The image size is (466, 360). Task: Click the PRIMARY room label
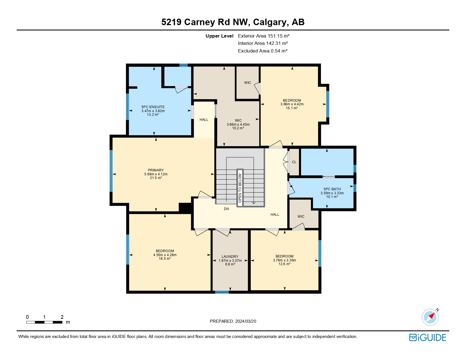(156, 170)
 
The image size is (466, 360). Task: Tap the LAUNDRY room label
(230, 257)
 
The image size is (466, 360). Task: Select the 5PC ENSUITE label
(153, 107)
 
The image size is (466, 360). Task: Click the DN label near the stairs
(226, 209)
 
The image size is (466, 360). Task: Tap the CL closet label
(294, 162)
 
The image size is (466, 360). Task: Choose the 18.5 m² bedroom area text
(165, 259)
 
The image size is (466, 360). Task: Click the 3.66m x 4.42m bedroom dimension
(292, 104)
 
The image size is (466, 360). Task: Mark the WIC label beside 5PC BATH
(301, 217)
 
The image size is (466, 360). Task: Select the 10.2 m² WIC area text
(238, 128)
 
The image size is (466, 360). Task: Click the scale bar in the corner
(44, 322)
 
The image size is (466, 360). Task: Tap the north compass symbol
(430, 317)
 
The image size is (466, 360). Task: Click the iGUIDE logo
(427, 337)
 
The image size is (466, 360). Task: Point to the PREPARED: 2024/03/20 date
(233, 321)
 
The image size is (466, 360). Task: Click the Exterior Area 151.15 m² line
(264, 36)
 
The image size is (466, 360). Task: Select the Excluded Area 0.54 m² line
(262, 51)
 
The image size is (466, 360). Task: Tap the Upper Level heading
(219, 36)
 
